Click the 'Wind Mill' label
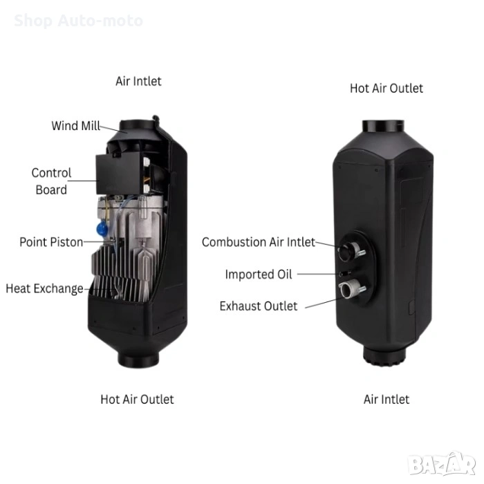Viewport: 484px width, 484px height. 75,126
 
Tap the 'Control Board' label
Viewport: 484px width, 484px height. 51,181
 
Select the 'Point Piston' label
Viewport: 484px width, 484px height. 51,242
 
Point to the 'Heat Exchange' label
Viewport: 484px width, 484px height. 44,288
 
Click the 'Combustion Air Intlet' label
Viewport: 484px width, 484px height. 259,242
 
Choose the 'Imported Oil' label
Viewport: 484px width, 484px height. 259,274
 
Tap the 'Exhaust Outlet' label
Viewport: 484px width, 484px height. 259,306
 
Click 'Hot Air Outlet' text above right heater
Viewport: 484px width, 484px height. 386,89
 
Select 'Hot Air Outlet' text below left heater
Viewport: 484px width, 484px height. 137,400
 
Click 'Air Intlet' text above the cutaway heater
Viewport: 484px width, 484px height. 138,82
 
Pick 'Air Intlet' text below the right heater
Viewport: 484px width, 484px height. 386,400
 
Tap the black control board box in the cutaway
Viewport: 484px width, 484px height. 120,174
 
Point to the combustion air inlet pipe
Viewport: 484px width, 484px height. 349,251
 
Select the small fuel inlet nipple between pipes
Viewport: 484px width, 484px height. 344,273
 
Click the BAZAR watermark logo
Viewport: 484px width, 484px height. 441,464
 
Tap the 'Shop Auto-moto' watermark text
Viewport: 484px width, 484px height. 78,21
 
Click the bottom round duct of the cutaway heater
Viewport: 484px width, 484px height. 138,358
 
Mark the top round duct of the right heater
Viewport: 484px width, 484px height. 383,127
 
